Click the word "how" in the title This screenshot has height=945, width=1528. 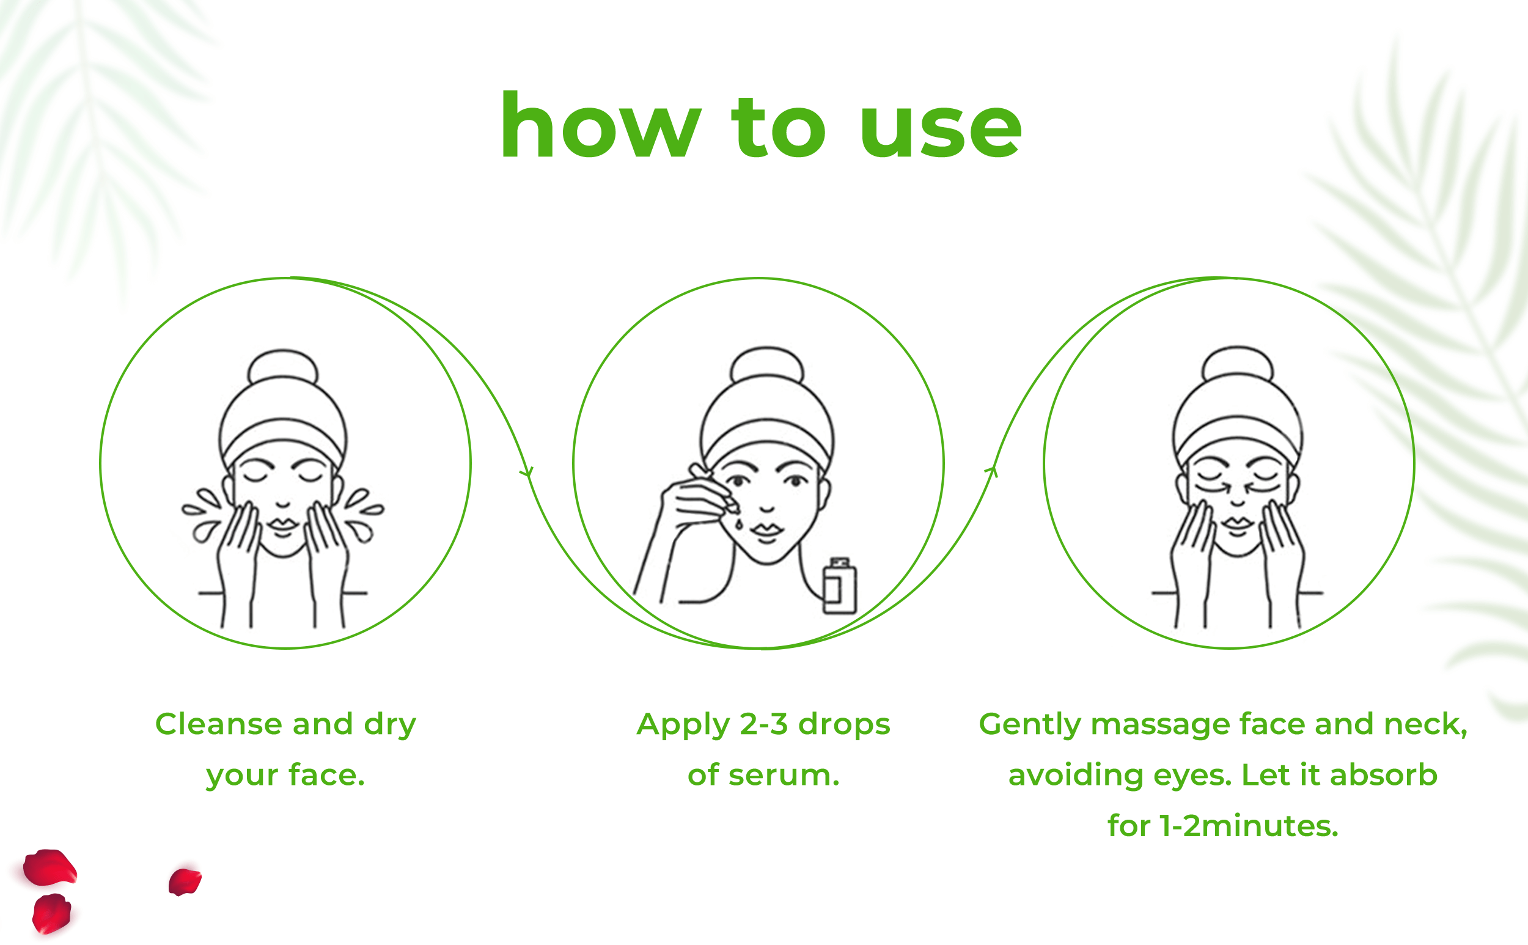click(601, 125)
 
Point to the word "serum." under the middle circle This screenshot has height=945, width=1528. click(784, 776)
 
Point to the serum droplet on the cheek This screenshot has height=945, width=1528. click(740, 523)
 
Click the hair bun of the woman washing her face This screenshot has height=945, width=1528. click(283, 366)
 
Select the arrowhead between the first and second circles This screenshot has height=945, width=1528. click(527, 471)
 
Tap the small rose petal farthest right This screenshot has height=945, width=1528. click(185, 881)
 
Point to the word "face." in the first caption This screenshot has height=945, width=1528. click(326, 776)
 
